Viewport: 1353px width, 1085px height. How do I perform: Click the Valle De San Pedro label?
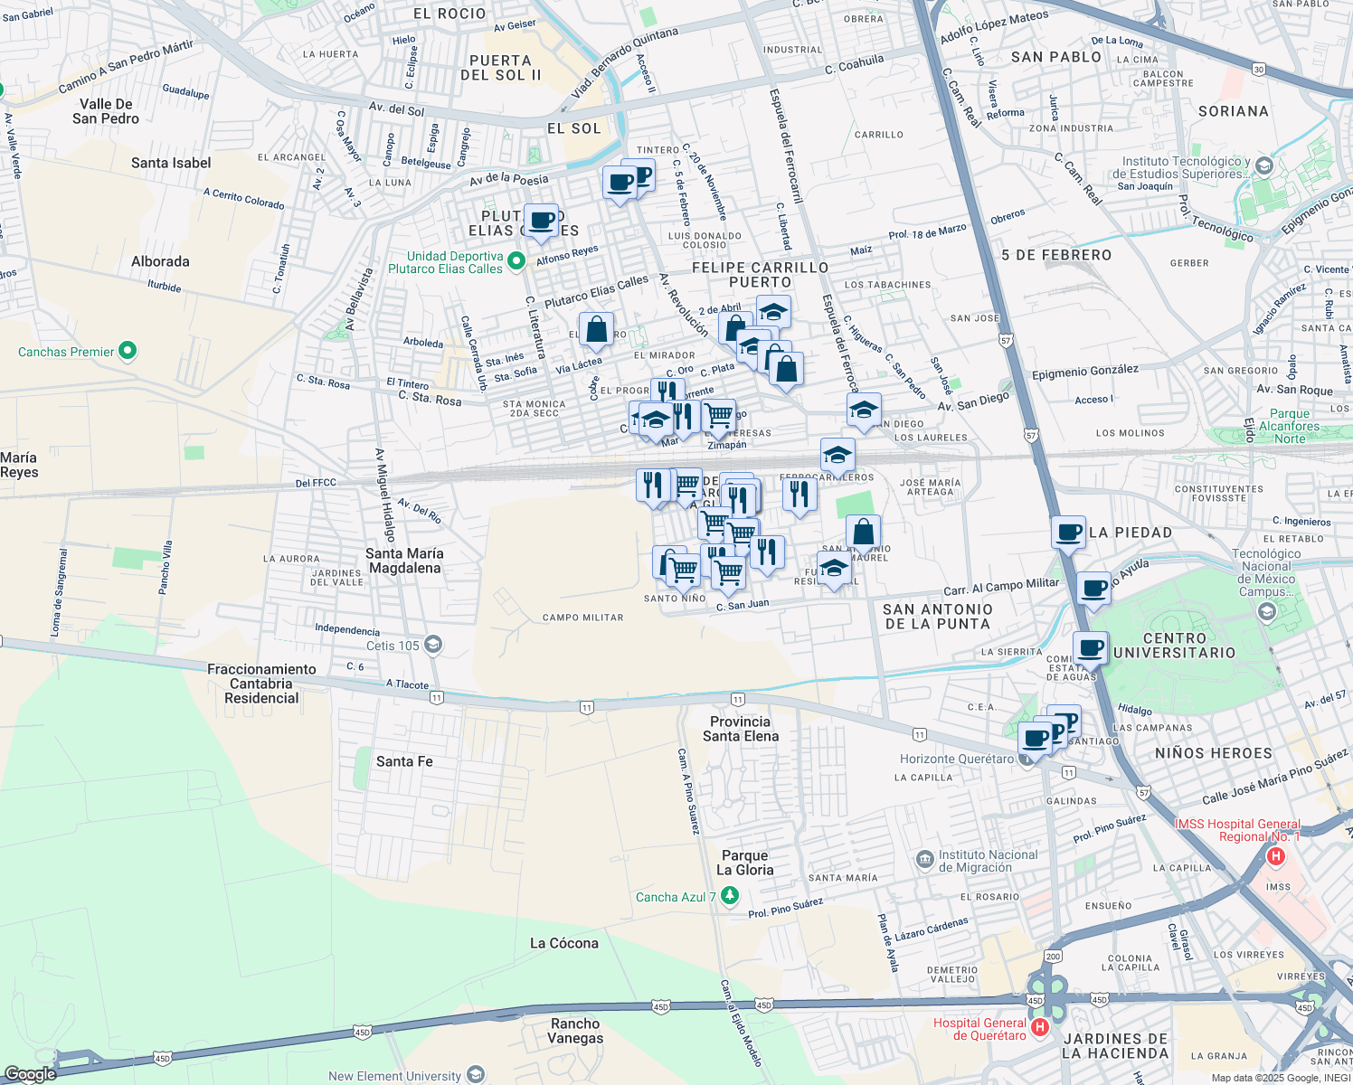click(x=106, y=111)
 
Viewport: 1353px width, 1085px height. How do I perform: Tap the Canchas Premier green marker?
click(x=128, y=351)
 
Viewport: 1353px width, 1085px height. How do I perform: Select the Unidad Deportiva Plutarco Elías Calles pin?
click(x=516, y=262)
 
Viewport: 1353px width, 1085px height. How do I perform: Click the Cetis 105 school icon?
click(x=433, y=645)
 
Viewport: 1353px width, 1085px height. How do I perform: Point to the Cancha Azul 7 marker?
click(x=730, y=896)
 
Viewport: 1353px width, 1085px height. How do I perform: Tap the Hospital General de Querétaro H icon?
click(x=1040, y=1027)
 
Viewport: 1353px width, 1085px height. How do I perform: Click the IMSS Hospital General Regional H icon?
click(x=1277, y=855)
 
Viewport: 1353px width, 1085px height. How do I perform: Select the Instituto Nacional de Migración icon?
click(x=924, y=859)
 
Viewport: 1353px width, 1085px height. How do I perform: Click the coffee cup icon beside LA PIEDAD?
click(x=1068, y=532)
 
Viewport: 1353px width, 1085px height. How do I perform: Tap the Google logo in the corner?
click(x=30, y=1074)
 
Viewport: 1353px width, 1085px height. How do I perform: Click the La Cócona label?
click(x=563, y=943)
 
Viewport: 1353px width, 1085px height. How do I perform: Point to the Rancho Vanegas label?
click(x=575, y=1031)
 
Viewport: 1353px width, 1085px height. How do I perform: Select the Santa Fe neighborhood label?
click(x=404, y=761)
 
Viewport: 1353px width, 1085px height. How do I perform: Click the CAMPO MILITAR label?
click(x=582, y=618)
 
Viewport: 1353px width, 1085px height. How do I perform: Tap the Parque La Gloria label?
click(x=745, y=863)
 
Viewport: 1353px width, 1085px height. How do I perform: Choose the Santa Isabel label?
click(x=171, y=163)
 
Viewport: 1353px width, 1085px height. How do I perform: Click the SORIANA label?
click(x=1233, y=111)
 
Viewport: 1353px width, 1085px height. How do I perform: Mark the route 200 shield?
click(x=1053, y=956)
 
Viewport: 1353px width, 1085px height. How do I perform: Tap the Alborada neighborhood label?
click(x=160, y=261)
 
